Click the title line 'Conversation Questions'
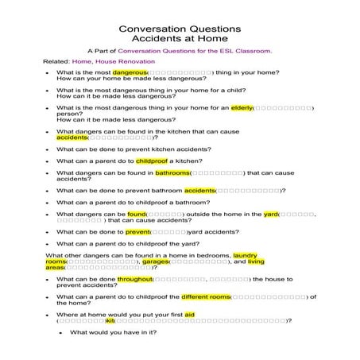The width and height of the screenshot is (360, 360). click(x=180, y=25)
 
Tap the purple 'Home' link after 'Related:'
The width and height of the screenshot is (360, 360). click(x=83, y=61)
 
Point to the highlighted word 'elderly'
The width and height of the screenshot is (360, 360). click(x=241, y=107)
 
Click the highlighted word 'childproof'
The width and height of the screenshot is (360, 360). click(x=153, y=161)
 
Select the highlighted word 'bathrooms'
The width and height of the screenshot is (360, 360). click(x=172, y=172)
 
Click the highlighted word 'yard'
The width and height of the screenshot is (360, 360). click(x=271, y=214)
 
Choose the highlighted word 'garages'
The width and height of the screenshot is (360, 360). click(x=156, y=261)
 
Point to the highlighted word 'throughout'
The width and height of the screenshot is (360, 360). click(x=134, y=279)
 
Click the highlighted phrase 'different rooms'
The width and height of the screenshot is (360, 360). click(x=205, y=296)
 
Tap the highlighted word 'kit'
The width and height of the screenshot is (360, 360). click(x=121, y=320)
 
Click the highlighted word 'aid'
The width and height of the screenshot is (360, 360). click(x=189, y=314)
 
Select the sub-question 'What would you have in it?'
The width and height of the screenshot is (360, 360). click(x=112, y=332)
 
